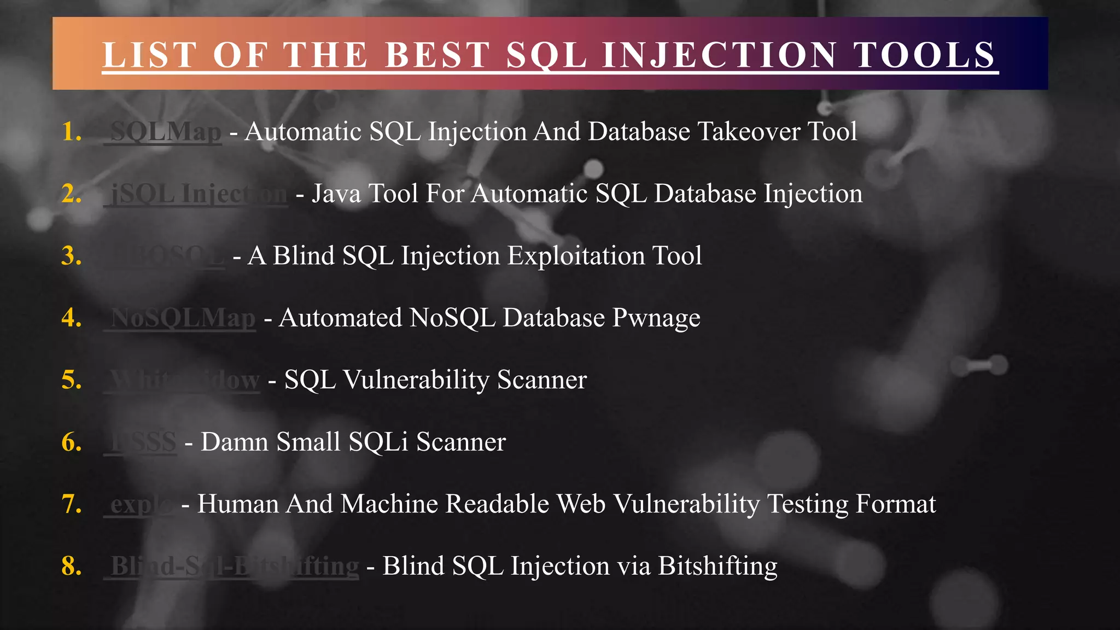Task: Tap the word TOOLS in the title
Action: [x=924, y=55]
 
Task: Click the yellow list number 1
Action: [x=72, y=132]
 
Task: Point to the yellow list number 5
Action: [x=72, y=380]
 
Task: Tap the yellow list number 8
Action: [x=72, y=566]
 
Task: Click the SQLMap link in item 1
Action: [x=166, y=132]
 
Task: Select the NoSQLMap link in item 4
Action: [x=183, y=318]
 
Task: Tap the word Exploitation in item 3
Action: [x=576, y=256]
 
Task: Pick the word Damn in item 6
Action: [x=235, y=442]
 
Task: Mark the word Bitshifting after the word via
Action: [x=717, y=566]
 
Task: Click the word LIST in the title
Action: [x=149, y=55]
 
